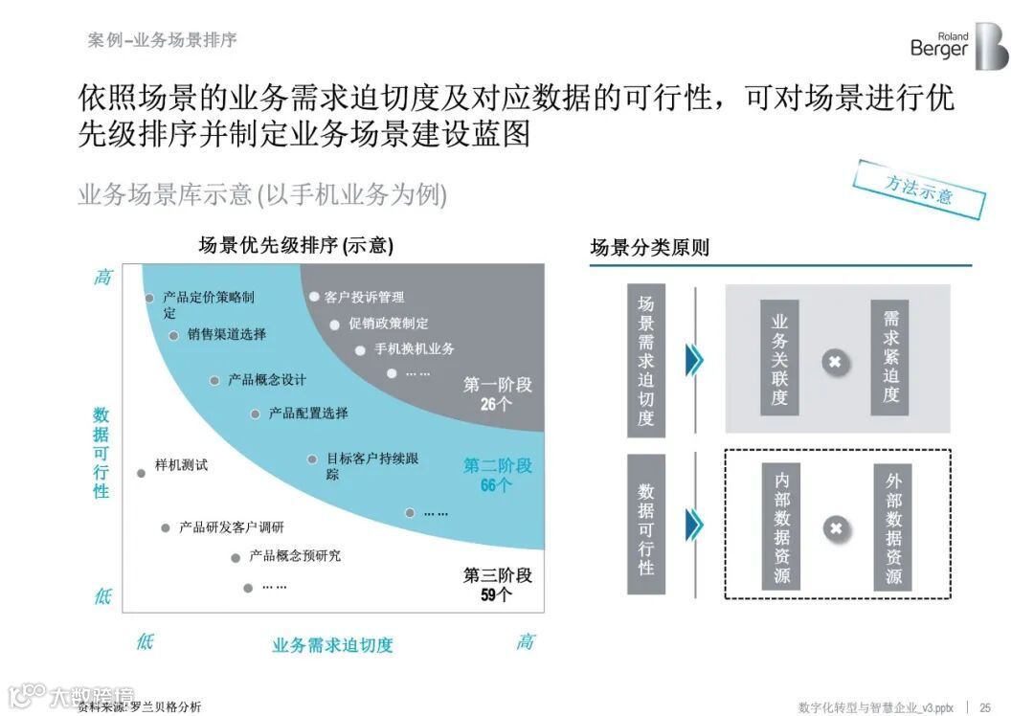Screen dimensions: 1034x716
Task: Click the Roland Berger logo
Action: pos(958,46)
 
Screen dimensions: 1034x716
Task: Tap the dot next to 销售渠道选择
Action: pos(173,335)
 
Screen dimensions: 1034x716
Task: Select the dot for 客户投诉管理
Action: pos(313,297)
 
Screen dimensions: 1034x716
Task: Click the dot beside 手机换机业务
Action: pos(360,350)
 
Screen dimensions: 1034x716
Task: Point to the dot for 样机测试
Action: pos(142,473)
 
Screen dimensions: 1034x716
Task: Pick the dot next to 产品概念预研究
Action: pos(235,557)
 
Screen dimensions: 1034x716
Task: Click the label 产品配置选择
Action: pos(307,414)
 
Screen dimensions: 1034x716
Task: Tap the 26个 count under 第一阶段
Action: pos(496,404)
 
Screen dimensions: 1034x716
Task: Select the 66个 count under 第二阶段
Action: pos(496,485)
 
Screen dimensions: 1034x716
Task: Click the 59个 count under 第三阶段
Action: pos(496,594)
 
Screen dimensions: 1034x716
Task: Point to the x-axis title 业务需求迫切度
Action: pos(332,645)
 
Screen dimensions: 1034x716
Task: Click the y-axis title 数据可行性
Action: pos(101,452)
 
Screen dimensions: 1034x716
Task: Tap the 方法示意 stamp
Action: pos(919,189)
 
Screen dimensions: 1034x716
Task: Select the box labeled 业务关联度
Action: pos(779,357)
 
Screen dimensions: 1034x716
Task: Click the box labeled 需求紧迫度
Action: pos(890,357)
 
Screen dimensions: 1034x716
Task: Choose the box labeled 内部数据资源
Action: pos(781,526)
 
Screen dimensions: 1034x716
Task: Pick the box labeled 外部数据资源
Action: pos(892,526)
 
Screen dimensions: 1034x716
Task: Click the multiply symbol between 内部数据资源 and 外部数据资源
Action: pos(836,528)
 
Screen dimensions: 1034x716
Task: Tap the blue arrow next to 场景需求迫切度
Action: pos(695,359)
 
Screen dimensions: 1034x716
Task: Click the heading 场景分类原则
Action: pos(649,248)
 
